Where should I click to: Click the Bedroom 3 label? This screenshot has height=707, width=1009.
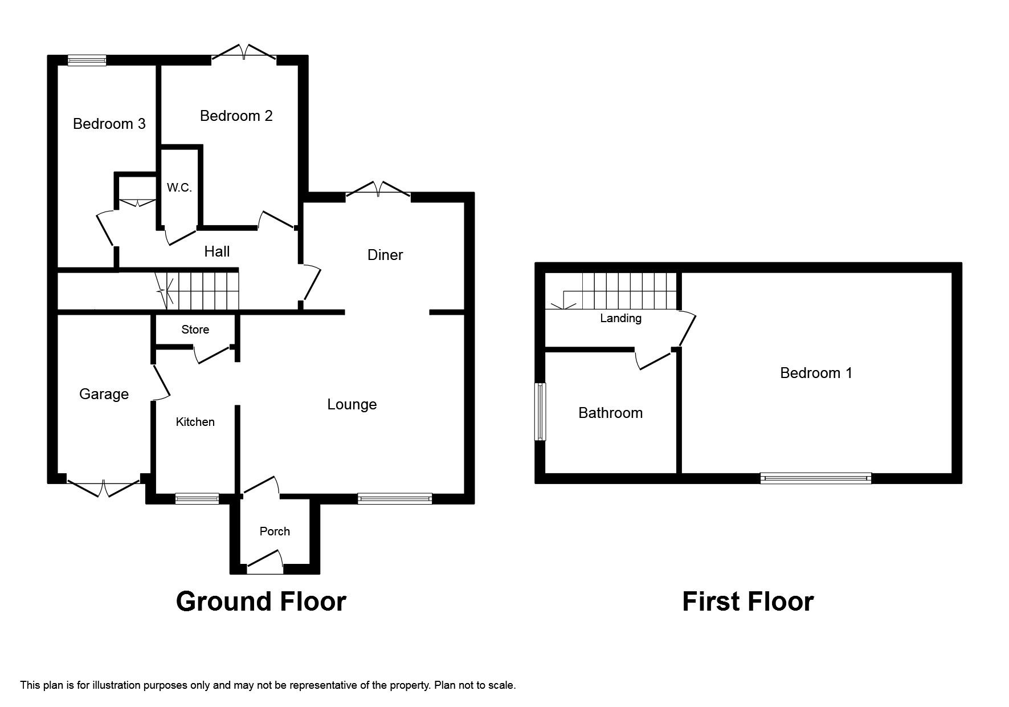[x=109, y=124]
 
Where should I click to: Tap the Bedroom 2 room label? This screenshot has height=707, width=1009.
[x=236, y=116]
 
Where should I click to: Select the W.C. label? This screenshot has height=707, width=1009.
[x=179, y=188]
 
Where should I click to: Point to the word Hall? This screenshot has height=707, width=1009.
[x=217, y=251]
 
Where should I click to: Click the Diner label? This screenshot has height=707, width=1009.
[x=385, y=255]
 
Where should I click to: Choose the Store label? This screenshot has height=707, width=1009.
[x=195, y=330]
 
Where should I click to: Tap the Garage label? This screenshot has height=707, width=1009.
[x=104, y=394]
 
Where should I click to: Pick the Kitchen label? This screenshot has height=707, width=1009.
[x=195, y=422]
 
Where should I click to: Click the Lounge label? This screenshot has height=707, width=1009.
[x=352, y=404]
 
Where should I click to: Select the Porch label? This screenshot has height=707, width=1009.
[x=275, y=531]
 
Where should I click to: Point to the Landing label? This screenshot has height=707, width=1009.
[x=621, y=318]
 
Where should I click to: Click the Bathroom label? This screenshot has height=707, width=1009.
[x=611, y=413]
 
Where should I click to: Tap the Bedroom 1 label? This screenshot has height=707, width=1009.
[x=816, y=373]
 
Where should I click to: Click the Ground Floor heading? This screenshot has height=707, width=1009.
[x=262, y=602]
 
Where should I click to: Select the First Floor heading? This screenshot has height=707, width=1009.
[x=748, y=602]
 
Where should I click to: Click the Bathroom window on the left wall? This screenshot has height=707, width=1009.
[x=540, y=412]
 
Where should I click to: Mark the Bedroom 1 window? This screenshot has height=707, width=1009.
[x=816, y=478]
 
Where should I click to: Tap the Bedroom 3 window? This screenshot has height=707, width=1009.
[x=87, y=60]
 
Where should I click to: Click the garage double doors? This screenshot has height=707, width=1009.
[x=103, y=486]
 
